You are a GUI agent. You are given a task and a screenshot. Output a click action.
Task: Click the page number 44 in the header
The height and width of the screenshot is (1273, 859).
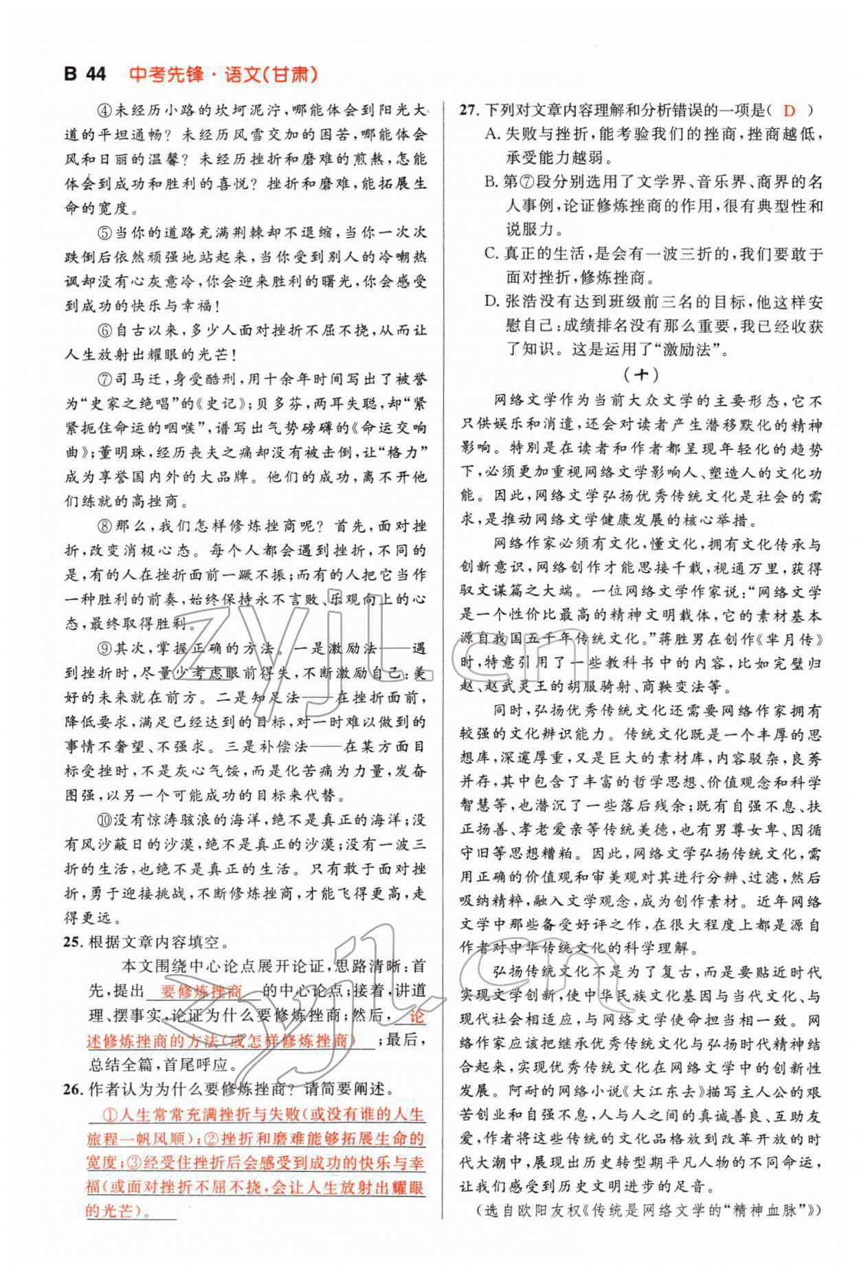pos(96,74)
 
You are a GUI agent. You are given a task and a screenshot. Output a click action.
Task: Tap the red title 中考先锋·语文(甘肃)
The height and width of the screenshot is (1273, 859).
pos(223,74)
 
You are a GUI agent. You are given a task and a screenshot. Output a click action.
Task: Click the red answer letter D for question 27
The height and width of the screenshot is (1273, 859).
pos(790,111)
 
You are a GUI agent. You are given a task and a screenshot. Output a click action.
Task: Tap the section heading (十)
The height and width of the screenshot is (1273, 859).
pos(640,375)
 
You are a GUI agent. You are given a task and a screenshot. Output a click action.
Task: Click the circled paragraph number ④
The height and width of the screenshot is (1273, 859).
pos(104,111)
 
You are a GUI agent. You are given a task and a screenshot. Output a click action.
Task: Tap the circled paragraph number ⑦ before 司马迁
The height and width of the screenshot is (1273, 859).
pos(104,379)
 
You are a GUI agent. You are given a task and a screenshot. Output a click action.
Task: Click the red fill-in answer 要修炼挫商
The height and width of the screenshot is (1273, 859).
pos(201,991)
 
